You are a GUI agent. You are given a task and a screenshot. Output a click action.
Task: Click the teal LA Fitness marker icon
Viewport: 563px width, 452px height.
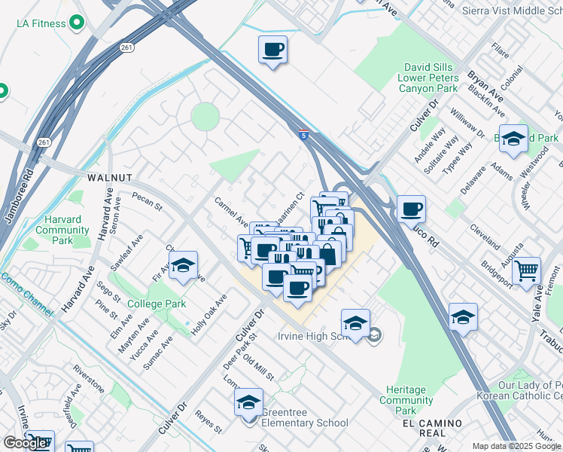point(75,24)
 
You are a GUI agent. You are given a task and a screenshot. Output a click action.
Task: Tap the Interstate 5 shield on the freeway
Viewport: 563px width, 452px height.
point(302,135)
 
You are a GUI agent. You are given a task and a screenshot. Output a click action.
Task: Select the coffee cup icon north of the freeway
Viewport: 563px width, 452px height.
point(272,50)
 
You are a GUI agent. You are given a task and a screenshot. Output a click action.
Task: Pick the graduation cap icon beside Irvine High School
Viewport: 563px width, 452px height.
point(355,323)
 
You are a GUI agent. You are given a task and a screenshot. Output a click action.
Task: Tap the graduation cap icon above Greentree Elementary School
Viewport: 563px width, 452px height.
point(248,403)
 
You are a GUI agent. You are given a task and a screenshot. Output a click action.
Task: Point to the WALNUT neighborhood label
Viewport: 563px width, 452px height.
point(110,178)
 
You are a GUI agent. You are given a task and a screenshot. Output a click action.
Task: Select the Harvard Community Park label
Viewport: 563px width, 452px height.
point(62,230)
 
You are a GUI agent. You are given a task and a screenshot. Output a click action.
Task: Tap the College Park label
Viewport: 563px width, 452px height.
point(156,304)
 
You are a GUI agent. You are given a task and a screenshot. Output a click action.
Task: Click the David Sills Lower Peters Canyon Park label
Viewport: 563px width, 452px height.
point(430,78)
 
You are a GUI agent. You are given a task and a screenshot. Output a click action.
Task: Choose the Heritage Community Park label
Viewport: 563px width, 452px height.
point(406,400)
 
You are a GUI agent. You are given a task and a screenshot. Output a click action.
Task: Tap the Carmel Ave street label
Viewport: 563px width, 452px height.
point(231,212)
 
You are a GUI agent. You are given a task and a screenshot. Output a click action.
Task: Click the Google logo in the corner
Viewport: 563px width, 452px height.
point(25,443)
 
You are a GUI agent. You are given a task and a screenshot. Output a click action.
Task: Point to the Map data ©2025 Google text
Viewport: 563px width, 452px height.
point(516,446)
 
